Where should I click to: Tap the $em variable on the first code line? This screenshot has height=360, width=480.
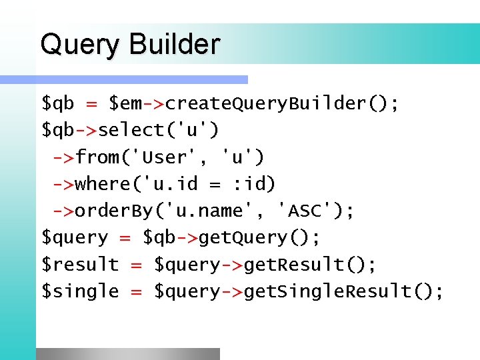coord(126,104)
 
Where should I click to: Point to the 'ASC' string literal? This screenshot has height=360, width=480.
coord(308,211)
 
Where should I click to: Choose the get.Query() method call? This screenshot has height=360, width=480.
coord(260,237)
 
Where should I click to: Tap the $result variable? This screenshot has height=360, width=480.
coord(80,264)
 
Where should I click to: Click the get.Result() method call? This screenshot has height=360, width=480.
coord(310,264)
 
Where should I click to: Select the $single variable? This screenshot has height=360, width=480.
coord(80,291)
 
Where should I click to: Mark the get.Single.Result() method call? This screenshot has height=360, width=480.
coord(343,291)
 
